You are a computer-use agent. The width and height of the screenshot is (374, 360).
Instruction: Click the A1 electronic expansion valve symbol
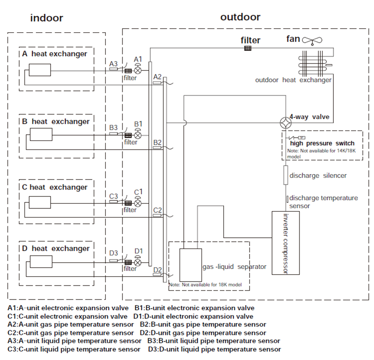[x=138, y=69]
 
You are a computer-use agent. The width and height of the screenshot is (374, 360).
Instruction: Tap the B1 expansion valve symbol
[x=138, y=134]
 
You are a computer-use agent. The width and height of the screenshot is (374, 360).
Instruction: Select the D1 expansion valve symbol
[x=138, y=261]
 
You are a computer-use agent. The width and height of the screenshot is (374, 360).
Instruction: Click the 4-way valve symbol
[x=286, y=123]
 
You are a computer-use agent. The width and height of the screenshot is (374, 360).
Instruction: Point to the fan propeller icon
[x=312, y=41]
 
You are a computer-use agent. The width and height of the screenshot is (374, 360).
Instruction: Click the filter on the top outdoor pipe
[x=248, y=48]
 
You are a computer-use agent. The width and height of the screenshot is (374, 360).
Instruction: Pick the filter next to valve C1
[x=128, y=203]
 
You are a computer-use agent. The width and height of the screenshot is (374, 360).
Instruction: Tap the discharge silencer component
[x=286, y=175]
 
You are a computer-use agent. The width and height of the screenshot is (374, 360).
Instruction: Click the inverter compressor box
[x=286, y=243]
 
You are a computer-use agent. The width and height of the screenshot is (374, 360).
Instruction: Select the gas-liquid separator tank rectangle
[x=191, y=265]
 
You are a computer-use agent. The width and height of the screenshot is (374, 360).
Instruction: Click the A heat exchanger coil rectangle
[x=40, y=70]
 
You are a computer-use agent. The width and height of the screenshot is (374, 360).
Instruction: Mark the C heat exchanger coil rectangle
[x=40, y=202]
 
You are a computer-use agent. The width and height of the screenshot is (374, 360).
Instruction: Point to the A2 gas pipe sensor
[x=157, y=83]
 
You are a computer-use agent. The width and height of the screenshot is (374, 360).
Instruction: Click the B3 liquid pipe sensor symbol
[x=113, y=134]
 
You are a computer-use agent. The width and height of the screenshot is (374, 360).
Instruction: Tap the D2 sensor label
[x=158, y=270]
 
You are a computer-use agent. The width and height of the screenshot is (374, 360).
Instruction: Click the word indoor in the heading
[x=47, y=18]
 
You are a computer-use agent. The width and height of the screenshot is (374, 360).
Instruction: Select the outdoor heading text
[x=240, y=17]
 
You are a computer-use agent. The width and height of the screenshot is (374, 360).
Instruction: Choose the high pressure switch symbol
[x=296, y=137]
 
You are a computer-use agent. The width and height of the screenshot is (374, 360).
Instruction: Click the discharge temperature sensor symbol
[x=288, y=199]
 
